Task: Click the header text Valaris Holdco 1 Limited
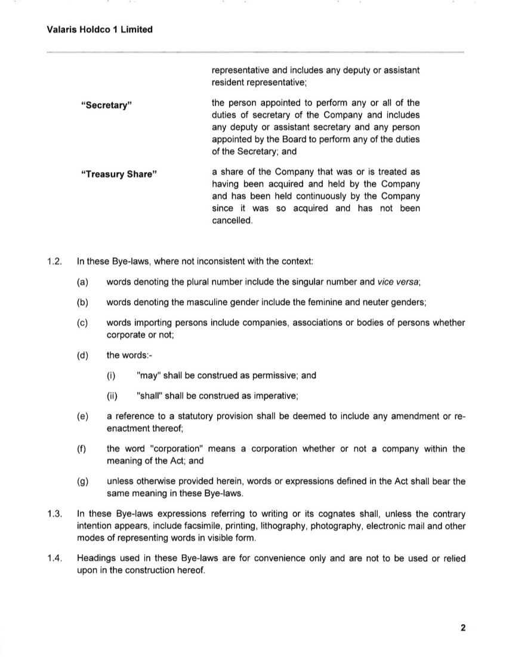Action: [100, 29]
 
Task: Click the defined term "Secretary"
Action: [106, 106]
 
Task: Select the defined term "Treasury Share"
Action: [119, 175]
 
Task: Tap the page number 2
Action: [462, 627]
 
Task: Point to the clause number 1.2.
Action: [54, 262]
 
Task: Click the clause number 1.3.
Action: [54, 514]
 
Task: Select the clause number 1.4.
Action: [54, 558]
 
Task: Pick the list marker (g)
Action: [82, 481]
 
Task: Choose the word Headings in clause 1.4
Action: [97, 558]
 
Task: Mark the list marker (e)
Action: [82, 416]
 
